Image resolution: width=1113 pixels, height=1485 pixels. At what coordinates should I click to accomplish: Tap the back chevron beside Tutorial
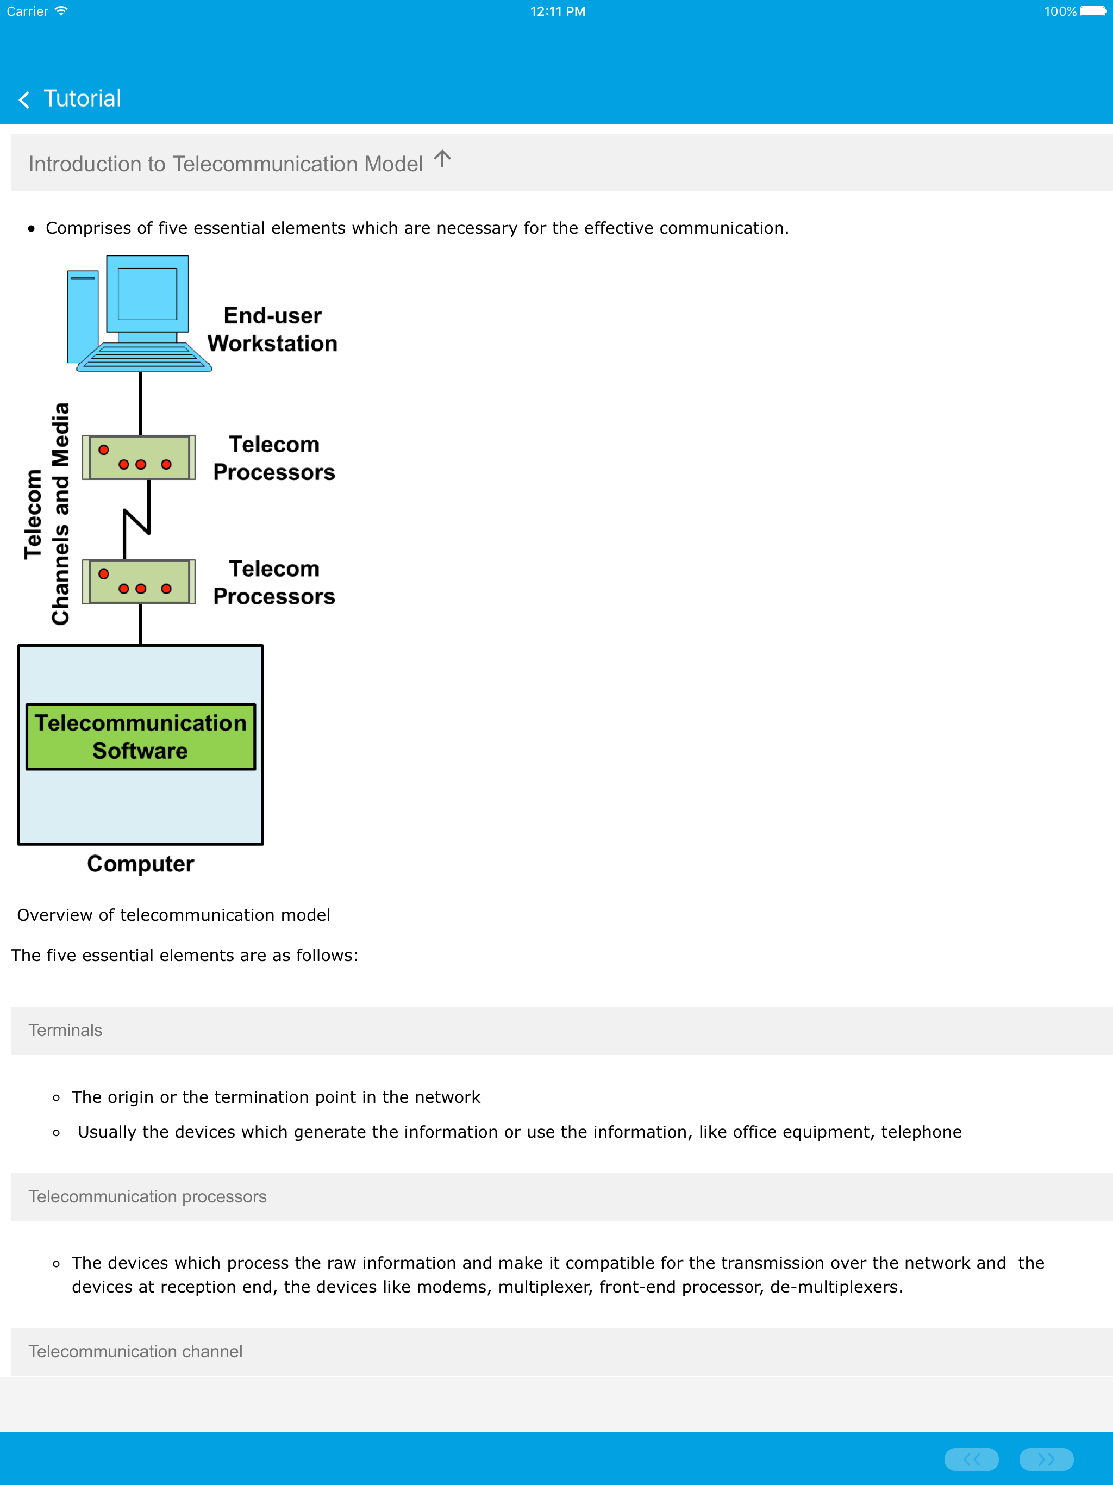tap(24, 100)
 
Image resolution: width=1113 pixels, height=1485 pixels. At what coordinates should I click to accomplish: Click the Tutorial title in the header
tap(82, 99)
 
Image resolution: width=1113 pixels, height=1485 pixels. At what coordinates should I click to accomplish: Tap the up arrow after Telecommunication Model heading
tap(442, 159)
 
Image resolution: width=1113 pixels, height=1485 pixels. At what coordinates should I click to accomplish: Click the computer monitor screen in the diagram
tap(147, 294)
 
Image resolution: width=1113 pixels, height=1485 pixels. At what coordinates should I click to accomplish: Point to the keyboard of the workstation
tap(143, 357)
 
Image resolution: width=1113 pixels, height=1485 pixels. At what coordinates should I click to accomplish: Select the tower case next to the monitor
tap(83, 315)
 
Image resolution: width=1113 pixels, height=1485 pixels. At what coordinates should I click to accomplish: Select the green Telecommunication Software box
tap(140, 737)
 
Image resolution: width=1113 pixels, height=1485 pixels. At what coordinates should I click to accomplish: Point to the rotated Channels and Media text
tap(60, 514)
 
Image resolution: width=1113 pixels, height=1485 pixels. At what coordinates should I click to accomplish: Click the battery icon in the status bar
tap(1093, 11)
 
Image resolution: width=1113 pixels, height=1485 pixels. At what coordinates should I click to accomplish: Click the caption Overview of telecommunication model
tap(173, 915)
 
